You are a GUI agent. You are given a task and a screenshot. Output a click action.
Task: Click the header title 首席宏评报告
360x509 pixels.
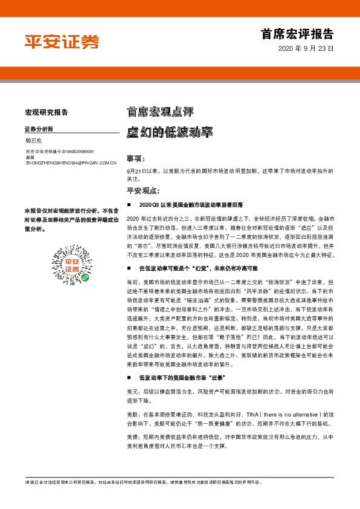[297, 33]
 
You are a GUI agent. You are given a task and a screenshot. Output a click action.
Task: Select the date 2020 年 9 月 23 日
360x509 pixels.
[306, 48]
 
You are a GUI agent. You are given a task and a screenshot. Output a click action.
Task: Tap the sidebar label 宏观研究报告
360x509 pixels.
[47, 112]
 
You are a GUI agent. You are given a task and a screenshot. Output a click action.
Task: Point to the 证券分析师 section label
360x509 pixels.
[39, 129]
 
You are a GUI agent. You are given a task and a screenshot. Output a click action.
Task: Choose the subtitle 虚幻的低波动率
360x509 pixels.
[160, 131]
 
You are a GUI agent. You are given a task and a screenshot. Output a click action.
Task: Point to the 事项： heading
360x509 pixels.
[136, 159]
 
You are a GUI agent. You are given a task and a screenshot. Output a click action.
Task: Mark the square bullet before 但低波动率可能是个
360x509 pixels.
[129, 268]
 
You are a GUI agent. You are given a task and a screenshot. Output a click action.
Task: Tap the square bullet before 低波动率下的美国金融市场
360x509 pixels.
[129, 377]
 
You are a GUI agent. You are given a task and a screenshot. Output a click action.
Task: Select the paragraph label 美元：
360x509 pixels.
[134, 392]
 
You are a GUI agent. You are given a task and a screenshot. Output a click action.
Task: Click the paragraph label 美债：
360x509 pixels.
[134, 436]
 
